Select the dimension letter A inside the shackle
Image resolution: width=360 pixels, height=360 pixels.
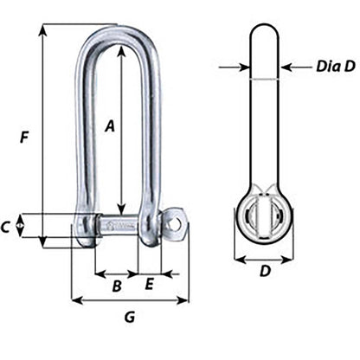109,126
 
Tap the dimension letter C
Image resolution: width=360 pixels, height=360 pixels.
7,228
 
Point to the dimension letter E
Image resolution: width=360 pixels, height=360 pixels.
149,284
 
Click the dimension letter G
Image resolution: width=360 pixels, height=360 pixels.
129,318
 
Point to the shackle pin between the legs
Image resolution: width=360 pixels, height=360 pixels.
119,228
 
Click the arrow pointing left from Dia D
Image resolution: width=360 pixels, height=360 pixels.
286,65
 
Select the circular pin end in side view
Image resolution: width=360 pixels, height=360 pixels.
264,216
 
